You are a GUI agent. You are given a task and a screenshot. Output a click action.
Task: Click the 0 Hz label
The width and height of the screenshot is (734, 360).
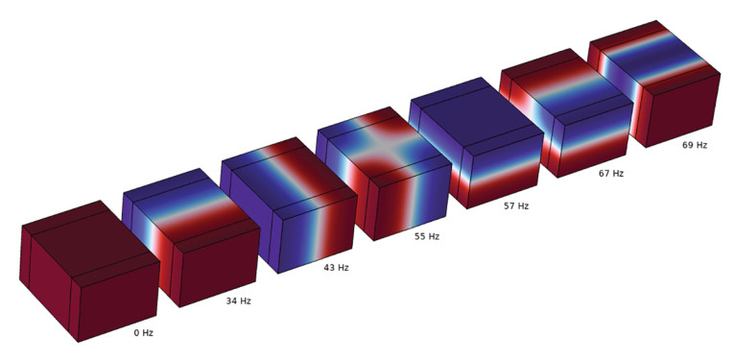[144, 333]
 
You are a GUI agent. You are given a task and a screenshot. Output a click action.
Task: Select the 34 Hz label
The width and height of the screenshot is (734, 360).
[239, 301]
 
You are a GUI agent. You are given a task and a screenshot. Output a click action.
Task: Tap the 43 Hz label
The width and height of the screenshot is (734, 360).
[336, 268]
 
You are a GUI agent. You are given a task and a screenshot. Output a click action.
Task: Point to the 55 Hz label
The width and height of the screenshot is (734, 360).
[427, 237]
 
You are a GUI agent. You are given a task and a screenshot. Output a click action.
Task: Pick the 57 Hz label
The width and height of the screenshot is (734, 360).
[516, 205]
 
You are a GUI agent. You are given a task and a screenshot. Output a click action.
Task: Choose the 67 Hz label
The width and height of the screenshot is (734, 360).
[611, 174]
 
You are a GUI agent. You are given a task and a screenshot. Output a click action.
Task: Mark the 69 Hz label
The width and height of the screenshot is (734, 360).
[695, 145]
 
